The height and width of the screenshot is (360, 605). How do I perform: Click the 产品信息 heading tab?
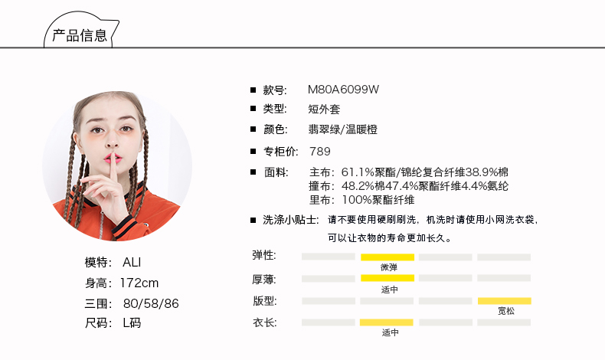click(x=79, y=35)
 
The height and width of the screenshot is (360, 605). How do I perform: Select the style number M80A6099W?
click(x=343, y=89)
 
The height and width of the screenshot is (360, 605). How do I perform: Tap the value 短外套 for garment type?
click(x=325, y=109)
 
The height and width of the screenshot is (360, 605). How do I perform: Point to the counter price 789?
click(x=319, y=151)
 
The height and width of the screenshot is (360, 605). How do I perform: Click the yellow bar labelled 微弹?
click(x=388, y=257)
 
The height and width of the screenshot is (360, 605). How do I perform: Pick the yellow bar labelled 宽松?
click(x=504, y=300)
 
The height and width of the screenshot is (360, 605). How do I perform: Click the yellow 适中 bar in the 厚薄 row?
click(x=388, y=278)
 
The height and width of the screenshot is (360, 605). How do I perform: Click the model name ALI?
click(x=132, y=262)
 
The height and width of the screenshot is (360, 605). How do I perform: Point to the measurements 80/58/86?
click(x=151, y=303)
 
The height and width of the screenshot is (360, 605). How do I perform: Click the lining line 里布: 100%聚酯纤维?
click(x=361, y=200)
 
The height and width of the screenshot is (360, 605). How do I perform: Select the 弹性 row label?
click(x=264, y=255)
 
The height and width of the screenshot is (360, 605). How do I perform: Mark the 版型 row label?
click(x=264, y=299)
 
